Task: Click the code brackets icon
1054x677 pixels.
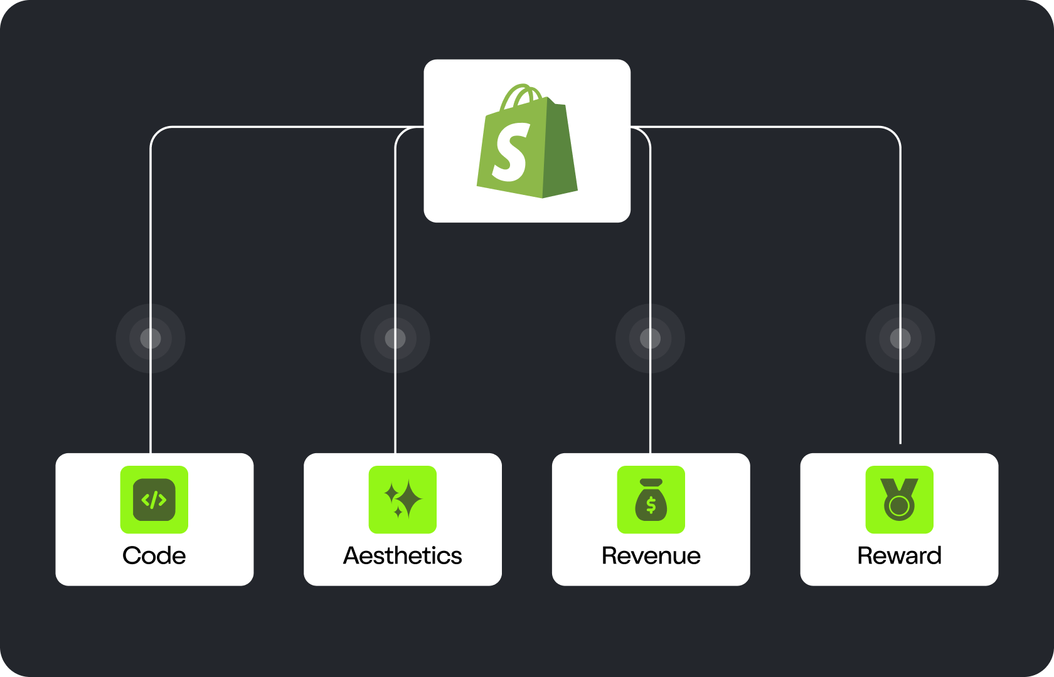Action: pos(154,500)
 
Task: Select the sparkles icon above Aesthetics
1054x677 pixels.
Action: pos(403,500)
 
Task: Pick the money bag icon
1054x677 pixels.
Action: pos(651,500)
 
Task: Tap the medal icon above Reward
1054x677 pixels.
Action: pos(899,500)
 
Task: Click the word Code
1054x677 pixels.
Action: pos(154,555)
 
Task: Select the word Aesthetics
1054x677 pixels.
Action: pos(403,555)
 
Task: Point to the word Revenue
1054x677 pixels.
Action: pos(651,555)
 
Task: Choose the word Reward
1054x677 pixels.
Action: pos(899,555)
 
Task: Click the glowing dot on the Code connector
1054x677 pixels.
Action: pos(151,338)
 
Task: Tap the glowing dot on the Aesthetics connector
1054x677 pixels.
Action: pos(395,338)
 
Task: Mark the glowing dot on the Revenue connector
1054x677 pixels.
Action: pos(650,338)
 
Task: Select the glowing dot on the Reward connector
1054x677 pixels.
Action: pos(900,338)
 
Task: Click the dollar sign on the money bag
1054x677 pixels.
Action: pos(651,505)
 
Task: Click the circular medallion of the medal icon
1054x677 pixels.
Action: pos(899,506)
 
